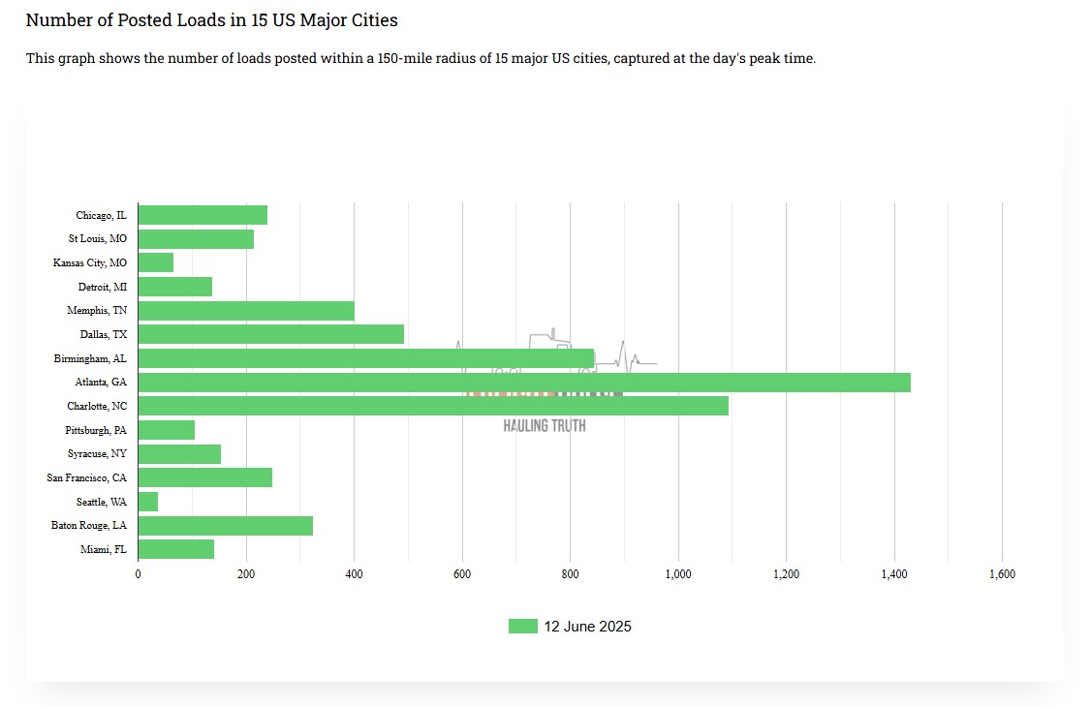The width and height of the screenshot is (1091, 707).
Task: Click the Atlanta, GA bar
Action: [x=523, y=383]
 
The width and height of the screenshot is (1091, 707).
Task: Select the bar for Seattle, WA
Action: [x=148, y=502]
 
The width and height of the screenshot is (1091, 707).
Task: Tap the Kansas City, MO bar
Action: [x=156, y=262]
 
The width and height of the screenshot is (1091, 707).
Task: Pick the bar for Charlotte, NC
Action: [x=433, y=406]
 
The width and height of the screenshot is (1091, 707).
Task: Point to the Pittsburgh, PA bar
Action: [x=167, y=430]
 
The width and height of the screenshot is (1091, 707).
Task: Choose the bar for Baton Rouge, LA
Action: [x=226, y=526]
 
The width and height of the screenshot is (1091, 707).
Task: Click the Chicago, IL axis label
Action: [x=101, y=215]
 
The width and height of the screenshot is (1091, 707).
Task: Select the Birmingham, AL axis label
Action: [x=90, y=358]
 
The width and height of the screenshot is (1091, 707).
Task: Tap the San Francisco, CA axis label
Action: [x=86, y=477]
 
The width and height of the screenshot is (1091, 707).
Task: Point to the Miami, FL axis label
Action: [x=103, y=550]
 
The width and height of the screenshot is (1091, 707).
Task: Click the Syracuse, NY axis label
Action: [x=96, y=454]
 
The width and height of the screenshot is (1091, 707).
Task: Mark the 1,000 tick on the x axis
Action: [x=677, y=574]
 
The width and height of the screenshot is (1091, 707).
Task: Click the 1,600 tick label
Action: [x=1001, y=574]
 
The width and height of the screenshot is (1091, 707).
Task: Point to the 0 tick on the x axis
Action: [x=139, y=574]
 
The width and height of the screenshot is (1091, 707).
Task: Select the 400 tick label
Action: [x=354, y=574]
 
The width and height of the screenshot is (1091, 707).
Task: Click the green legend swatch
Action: [x=522, y=627]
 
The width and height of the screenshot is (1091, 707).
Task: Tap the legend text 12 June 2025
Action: [x=587, y=627]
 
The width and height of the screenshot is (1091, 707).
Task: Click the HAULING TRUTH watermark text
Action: [x=545, y=425]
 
